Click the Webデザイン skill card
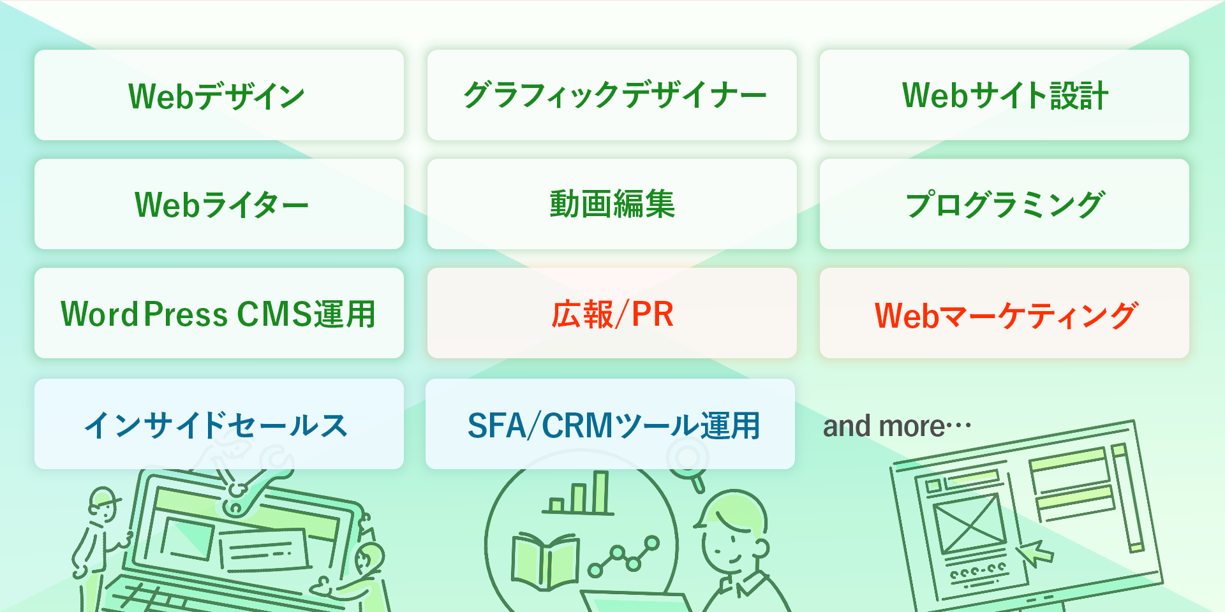pos(219,95)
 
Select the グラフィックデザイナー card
pos(612,95)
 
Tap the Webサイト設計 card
pos(1004,95)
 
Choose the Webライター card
pos(219,204)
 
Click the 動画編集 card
pos(612,204)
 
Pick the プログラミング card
pos(1004,204)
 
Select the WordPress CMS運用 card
pos(219,313)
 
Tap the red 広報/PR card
pos(612,313)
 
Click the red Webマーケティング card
pos(1004,313)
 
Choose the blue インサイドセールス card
pos(219,424)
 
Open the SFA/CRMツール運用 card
pos(610,424)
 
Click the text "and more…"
pos(896,426)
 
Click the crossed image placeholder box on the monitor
pos(969,524)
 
